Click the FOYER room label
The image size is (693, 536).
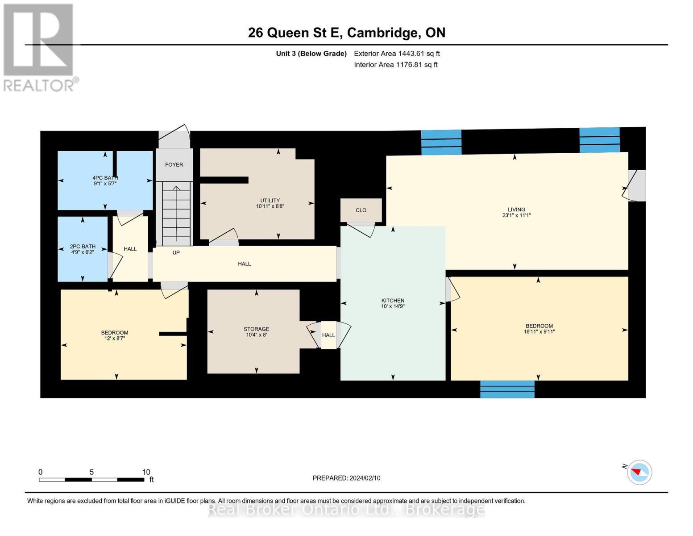(174, 165)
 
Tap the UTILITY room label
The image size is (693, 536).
(270, 201)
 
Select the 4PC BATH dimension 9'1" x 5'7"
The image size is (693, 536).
(105, 184)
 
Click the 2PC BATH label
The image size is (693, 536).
(83, 247)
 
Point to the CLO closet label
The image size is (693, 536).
(361, 210)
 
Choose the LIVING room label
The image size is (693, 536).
(516, 209)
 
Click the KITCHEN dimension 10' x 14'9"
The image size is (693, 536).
(393, 306)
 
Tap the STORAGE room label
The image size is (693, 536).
(256, 329)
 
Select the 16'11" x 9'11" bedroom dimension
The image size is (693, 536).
(539, 332)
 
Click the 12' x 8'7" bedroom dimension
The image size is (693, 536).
(115, 339)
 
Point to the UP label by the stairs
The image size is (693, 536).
(176, 253)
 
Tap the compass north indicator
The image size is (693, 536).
(639, 472)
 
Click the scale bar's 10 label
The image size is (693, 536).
(146, 472)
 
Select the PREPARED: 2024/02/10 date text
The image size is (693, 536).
(346, 478)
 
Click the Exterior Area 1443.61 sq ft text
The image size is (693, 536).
(397, 54)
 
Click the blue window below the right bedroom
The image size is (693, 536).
(507, 389)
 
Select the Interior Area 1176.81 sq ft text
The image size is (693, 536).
(395, 65)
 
